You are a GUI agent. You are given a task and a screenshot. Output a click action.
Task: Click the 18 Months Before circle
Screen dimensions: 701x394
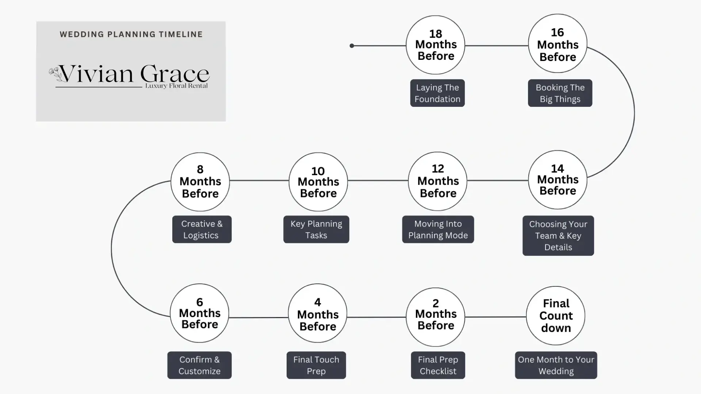[435, 45]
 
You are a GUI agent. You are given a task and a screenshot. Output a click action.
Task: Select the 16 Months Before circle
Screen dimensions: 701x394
[558, 43]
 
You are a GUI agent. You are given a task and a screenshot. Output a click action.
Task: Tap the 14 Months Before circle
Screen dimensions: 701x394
[558, 180]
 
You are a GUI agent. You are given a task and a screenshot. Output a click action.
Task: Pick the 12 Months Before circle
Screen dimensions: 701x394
[437, 181]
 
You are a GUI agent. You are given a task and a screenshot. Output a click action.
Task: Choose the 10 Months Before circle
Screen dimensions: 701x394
[318, 182]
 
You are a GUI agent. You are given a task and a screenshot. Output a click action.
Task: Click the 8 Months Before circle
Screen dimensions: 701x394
[200, 182]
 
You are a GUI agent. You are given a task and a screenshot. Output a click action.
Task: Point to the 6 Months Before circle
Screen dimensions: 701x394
[199, 313]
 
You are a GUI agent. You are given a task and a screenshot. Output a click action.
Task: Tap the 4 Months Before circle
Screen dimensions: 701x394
[318, 313]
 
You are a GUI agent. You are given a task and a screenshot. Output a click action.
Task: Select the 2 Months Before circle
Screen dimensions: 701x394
[436, 317]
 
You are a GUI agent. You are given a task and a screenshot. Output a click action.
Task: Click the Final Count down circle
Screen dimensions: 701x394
[556, 316]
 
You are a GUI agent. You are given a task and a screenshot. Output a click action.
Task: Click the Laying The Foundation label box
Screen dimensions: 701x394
[437, 93]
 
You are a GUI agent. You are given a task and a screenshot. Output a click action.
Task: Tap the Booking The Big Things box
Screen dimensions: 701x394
[560, 93]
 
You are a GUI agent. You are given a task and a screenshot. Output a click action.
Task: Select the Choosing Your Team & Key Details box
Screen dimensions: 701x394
[558, 236]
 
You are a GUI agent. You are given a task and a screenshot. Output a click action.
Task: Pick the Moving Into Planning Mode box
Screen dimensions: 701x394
[438, 229]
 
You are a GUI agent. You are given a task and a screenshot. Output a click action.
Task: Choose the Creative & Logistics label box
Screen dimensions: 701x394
[202, 229]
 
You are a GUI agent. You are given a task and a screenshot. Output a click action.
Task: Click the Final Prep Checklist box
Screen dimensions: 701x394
[438, 365]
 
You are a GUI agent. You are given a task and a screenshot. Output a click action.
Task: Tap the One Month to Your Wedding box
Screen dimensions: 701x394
[556, 365]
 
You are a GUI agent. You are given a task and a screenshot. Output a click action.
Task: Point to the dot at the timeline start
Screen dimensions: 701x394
[352, 46]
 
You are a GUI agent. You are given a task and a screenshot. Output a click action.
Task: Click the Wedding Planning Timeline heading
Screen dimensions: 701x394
[131, 34]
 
